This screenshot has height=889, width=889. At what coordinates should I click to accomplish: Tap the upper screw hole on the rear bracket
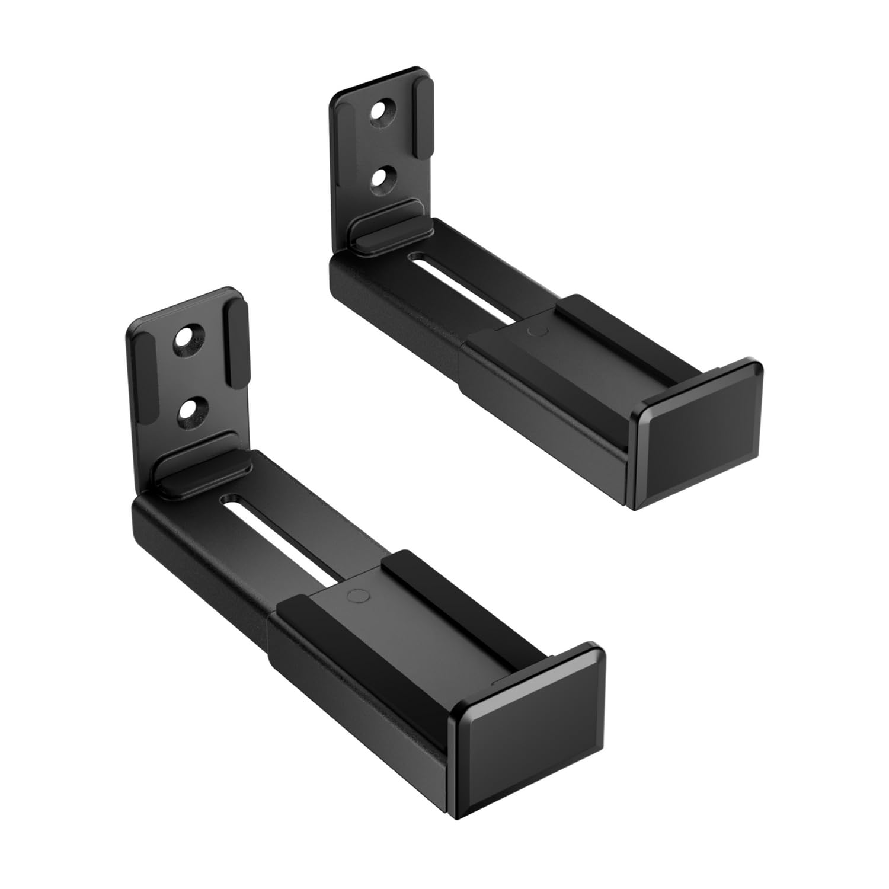(x=383, y=112)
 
